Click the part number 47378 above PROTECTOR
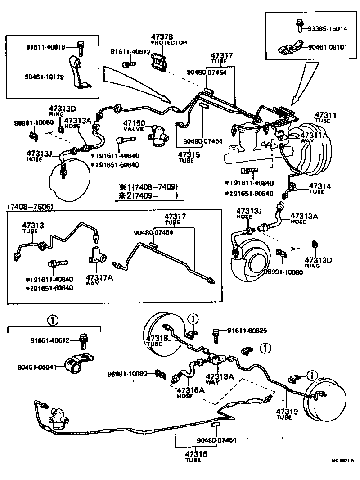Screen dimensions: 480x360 (162, 36)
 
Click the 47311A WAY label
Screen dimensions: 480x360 (313, 137)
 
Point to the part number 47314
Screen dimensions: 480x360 (319, 186)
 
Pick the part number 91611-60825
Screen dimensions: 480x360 (247, 331)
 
